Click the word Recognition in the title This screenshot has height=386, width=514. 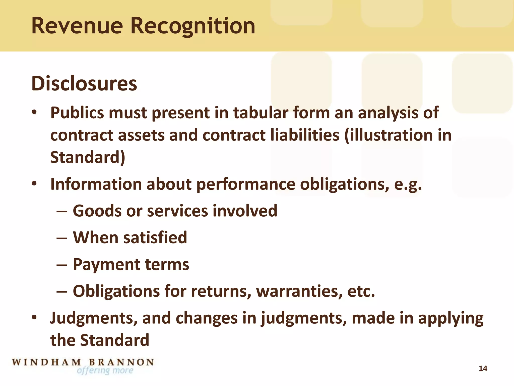click(193, 26)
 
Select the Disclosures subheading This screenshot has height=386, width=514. click(84, 83)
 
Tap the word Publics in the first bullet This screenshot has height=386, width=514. click(77, 113)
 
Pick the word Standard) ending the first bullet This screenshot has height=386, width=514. click(88, 157)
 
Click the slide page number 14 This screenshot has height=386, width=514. click(483, 368)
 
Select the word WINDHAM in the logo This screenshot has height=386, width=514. click(47, 362)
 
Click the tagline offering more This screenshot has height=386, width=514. click(105, 371)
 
